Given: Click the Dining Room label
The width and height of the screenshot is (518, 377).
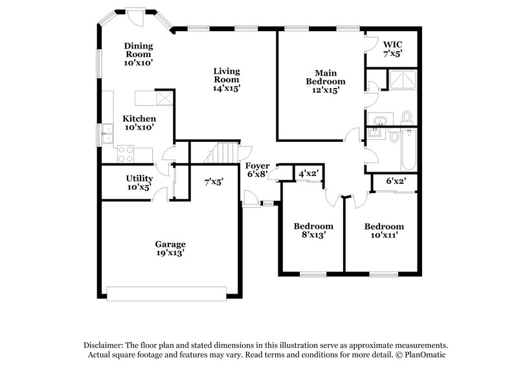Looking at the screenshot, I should pyautogui.click(x=139, y=54).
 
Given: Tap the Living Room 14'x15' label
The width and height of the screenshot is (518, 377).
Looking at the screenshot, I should pyautogui.click(x=227, y=80).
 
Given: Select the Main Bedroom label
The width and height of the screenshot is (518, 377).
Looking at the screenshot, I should pyautogui.click(x=326, y=82).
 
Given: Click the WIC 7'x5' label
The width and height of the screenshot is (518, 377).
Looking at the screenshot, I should pyautogui.click(x=393, y=49).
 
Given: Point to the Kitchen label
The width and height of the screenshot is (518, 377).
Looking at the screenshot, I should pyautogui.click(x=139, y=123).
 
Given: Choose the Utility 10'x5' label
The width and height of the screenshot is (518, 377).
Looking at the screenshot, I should pyautogui.click(x=139, y=183).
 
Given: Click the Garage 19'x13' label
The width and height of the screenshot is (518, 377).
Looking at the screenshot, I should pyautogui.click(x=170, y=249).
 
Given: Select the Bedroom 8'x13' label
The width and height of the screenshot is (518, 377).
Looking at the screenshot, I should pyautogui.click(x=313, y=231).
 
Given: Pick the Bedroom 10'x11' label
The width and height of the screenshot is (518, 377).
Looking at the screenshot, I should pyautogui.click(x=384, y=231).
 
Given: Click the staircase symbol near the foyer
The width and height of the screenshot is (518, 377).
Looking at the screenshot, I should pyautogui.click(x=222, y=154).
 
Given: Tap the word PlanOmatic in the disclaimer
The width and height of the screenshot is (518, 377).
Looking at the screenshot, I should pyautogui.click(x=422, y=356).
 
